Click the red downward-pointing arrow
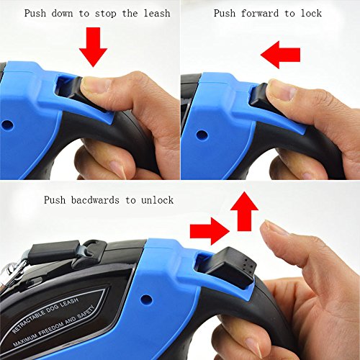coord(93,47)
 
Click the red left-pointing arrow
coord(280,55)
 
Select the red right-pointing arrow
coord(210,231)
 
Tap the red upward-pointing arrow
coord(244,211)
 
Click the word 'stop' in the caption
coord(105,14)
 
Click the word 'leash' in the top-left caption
coord(157,13)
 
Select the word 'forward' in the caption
coord(260,13)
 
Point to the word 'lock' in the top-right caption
coord(311,13)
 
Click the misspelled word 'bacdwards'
coord(95,200)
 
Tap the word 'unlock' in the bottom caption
coord(157,200)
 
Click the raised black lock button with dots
coord(232,267)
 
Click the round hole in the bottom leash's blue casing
coord(146,300)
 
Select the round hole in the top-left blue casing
coord(7,125)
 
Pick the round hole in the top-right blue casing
coord(202,135)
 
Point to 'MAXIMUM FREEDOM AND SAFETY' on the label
coord(54,325)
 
